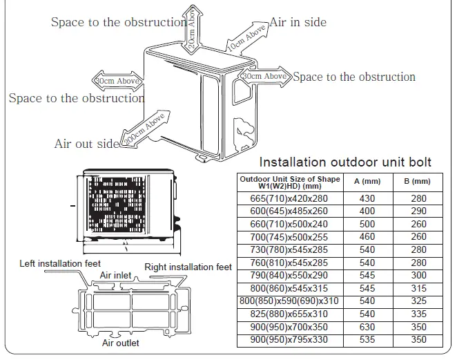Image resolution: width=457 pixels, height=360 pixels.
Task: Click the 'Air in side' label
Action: tap(298, 22)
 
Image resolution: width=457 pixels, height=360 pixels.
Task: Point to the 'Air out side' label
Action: tap(87, 144)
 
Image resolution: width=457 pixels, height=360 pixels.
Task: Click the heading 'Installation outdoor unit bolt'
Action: tap(345, 162)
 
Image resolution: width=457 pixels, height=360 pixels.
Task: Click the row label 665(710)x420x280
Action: tap(289, 198)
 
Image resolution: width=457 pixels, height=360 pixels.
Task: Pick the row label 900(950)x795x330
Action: tap(289, 341)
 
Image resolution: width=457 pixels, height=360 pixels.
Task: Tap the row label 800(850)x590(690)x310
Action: tap(289, 301)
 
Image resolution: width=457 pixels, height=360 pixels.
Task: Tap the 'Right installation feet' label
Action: tap(188, 267)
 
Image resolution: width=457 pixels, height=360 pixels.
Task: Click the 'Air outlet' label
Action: tap(120, 343)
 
